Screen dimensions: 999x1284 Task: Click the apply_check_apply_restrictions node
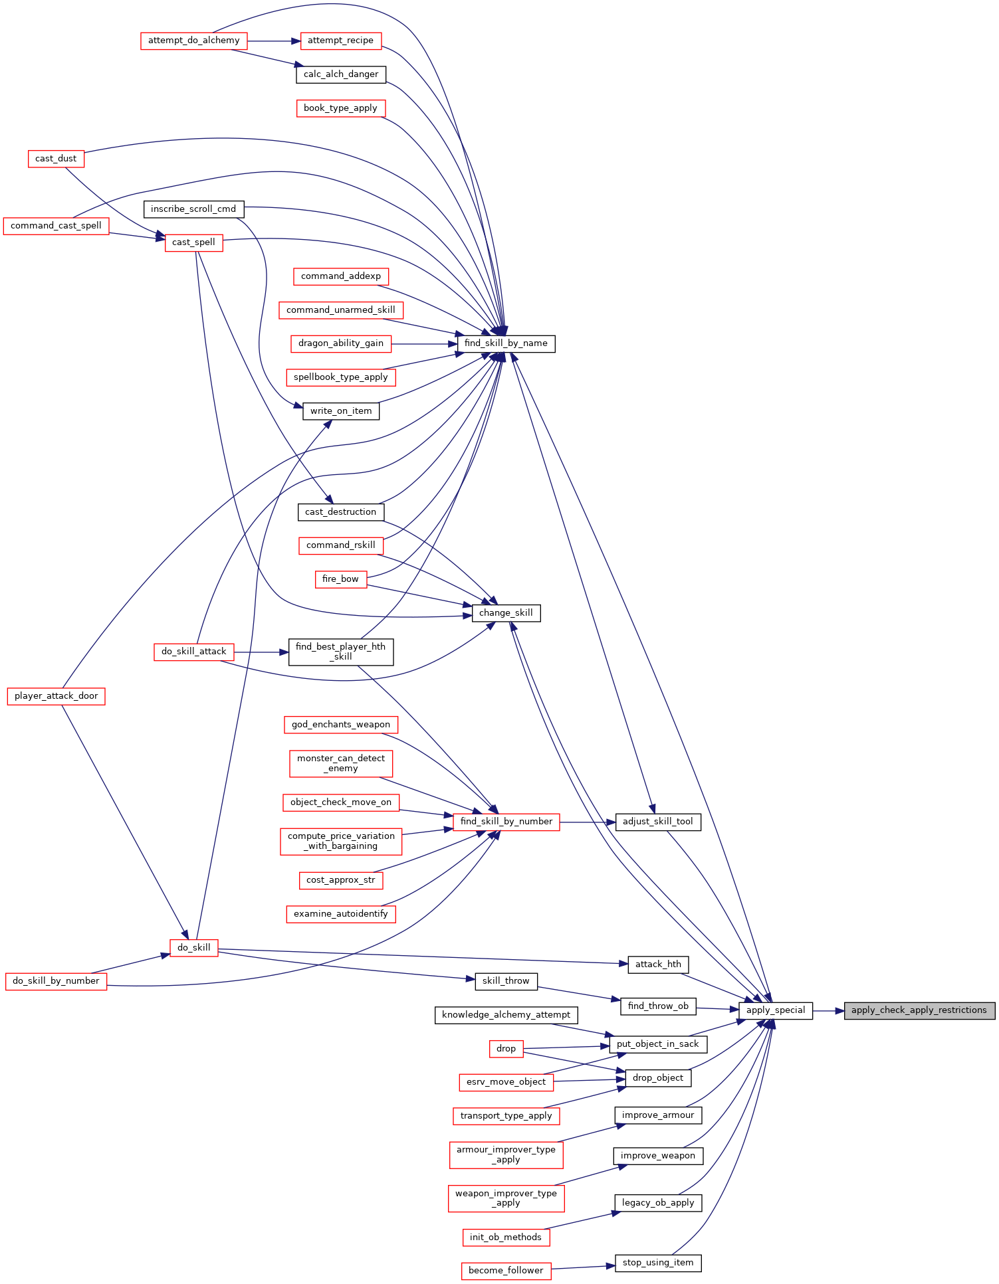(919, 1010)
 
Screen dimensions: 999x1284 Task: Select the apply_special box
(775, 1010)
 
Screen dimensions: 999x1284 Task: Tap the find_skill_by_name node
(506, 343)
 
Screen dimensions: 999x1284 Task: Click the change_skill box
(506, 613)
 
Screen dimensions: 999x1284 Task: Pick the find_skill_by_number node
(506, 822)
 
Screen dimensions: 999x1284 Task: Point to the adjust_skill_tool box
(657, 822)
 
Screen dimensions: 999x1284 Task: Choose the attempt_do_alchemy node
(193, 41)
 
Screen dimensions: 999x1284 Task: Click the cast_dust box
(56, 159)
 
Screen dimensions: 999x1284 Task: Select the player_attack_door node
(56, 696)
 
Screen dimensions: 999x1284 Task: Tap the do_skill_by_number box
(56, 981)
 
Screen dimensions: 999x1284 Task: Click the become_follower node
(506, 1271)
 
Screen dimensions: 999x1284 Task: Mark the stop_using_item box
(658, 1263)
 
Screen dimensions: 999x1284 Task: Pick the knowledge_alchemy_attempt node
(506, 1015)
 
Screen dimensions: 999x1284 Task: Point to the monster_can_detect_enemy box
(341, 763)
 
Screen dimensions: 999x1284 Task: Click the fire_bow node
(340, 579)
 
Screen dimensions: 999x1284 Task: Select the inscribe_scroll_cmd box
(193, 209)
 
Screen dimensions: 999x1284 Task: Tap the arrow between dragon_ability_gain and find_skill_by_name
(424, 343)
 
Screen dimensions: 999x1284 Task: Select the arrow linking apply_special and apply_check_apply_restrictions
(828, 1010)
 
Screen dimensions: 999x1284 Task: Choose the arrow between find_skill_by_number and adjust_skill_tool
(588, 822)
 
